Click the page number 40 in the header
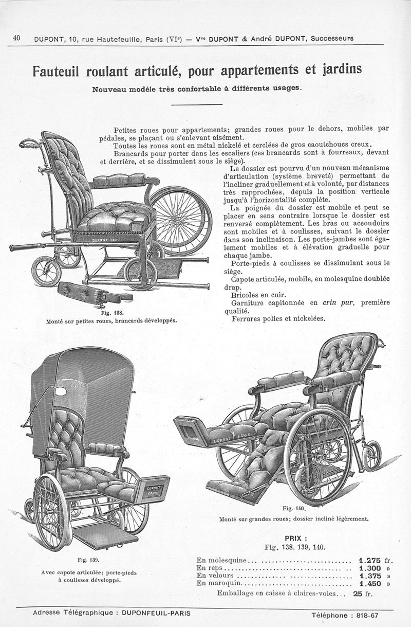(16, 38)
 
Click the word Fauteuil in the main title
(56, 71)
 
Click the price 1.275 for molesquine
(369, 560)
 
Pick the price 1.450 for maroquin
(370, 584)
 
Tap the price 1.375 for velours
(370, 576)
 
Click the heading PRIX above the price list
(295, 538)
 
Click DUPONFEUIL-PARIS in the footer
(156, 613)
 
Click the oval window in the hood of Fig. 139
(61, 392)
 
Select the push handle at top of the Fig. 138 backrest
(30, 144)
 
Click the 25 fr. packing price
(363, 594)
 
